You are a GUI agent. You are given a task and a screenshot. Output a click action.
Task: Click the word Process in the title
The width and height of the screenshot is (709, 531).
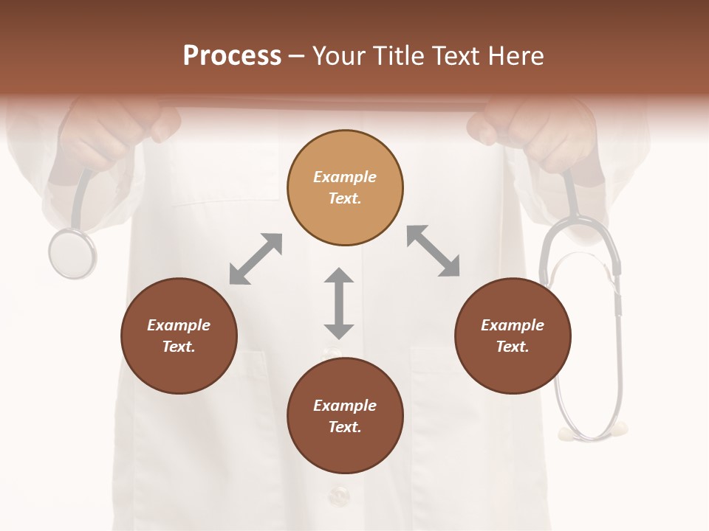(232, 56)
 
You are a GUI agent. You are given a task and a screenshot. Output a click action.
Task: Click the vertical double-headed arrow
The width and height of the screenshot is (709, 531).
(339, 303)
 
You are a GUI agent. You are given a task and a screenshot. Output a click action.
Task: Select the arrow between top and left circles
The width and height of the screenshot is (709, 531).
(256, 259)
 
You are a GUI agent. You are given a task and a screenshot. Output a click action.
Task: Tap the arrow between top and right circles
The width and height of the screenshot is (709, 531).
(434, 251)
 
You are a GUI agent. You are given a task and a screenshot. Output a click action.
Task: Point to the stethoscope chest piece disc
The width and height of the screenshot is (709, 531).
(72, 254)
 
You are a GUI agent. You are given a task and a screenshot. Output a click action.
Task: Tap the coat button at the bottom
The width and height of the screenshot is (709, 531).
(339, 495)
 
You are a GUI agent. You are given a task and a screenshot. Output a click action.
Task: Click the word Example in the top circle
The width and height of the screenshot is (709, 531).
(345, 177)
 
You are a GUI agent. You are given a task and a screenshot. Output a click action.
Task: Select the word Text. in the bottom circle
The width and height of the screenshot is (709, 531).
(345, 427)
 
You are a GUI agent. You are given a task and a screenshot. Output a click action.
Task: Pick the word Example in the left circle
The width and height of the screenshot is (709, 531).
(179, 325)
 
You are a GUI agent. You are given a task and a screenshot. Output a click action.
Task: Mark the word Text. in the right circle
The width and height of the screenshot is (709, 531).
(513, 347)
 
